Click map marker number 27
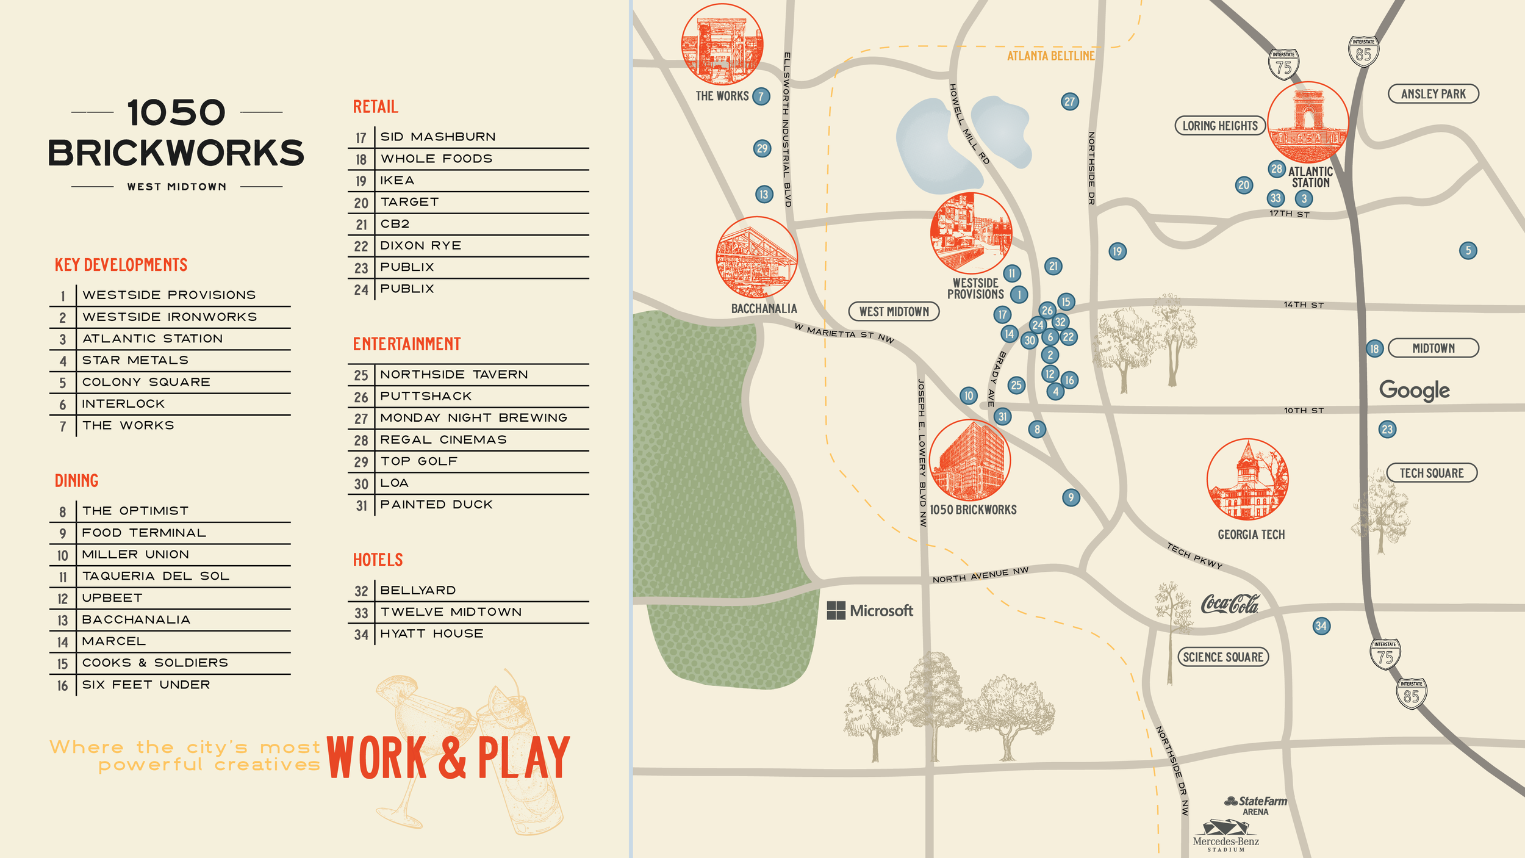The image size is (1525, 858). coord(1069,101)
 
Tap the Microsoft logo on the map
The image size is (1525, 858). coord(869,610)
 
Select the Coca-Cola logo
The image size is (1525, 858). coord(1229,604)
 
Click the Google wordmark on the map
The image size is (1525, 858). coord(1414,390)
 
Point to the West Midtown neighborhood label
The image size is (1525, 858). coord(894,311)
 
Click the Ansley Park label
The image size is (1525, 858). coord(1433,94)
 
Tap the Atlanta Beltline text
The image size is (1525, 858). coord(1050,56)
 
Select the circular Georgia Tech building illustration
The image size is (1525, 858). coord(1247,479)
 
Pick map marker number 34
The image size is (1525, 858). coord(1321,625)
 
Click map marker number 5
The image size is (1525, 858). coord(1468,250)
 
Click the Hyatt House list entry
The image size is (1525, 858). coord(431,633)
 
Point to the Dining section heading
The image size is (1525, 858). coord(76,481)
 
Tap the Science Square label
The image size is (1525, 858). coord(1222,657)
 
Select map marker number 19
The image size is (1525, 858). coord(1117,251)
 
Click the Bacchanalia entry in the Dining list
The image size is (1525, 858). coord(136,619)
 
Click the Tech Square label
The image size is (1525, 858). coord(1431,473)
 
